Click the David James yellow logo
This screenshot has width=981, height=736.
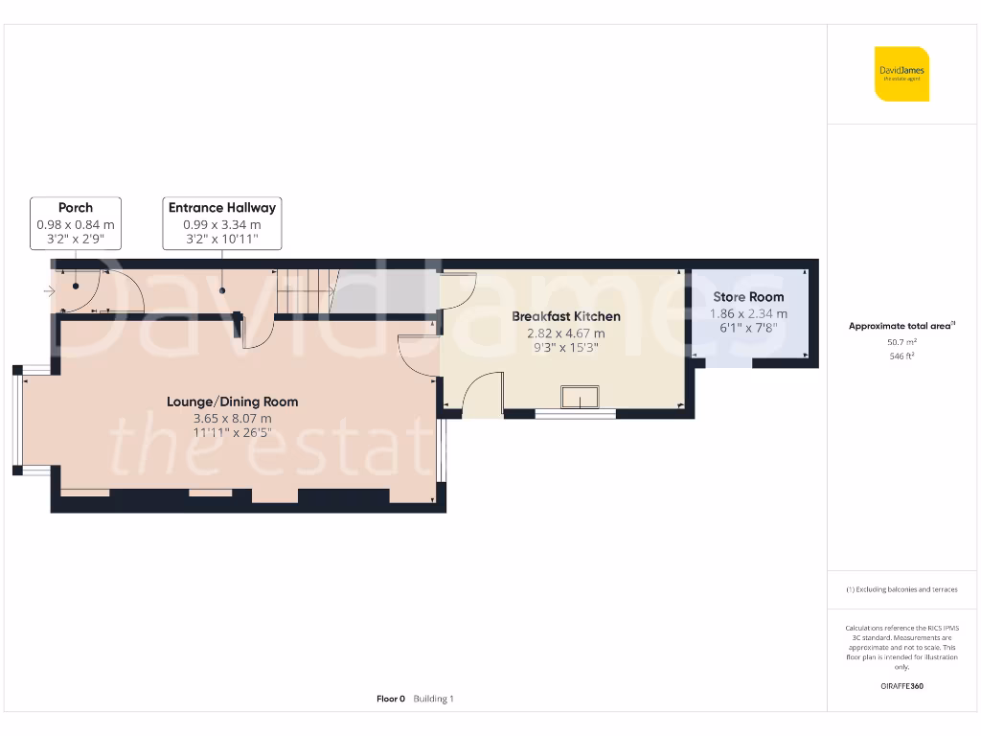[901, 74]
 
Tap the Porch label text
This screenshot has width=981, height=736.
[76, 207]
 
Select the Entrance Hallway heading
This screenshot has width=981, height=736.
[222, 207]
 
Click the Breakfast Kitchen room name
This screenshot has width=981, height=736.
[565, 316]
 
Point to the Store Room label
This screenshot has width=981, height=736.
[748, 297]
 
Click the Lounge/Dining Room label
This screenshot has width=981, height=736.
[232, 402]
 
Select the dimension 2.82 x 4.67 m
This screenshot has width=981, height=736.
[565, 333]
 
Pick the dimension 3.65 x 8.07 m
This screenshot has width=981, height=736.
[232, 419]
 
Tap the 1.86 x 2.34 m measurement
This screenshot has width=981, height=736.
[748, 313]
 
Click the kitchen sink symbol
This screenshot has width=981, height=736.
[580, 398]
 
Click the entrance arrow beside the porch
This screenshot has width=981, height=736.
[49, 290]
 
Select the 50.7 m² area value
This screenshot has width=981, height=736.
[901, 341]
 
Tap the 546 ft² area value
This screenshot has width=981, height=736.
[901, 356]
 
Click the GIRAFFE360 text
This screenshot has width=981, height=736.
[901, 686]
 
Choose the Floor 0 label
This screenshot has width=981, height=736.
[391, 699]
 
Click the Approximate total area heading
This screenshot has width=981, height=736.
[901, 326]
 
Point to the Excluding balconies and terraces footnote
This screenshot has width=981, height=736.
[901, 589]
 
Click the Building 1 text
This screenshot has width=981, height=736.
[433, 699]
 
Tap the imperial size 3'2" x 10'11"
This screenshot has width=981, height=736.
[222, 240]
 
